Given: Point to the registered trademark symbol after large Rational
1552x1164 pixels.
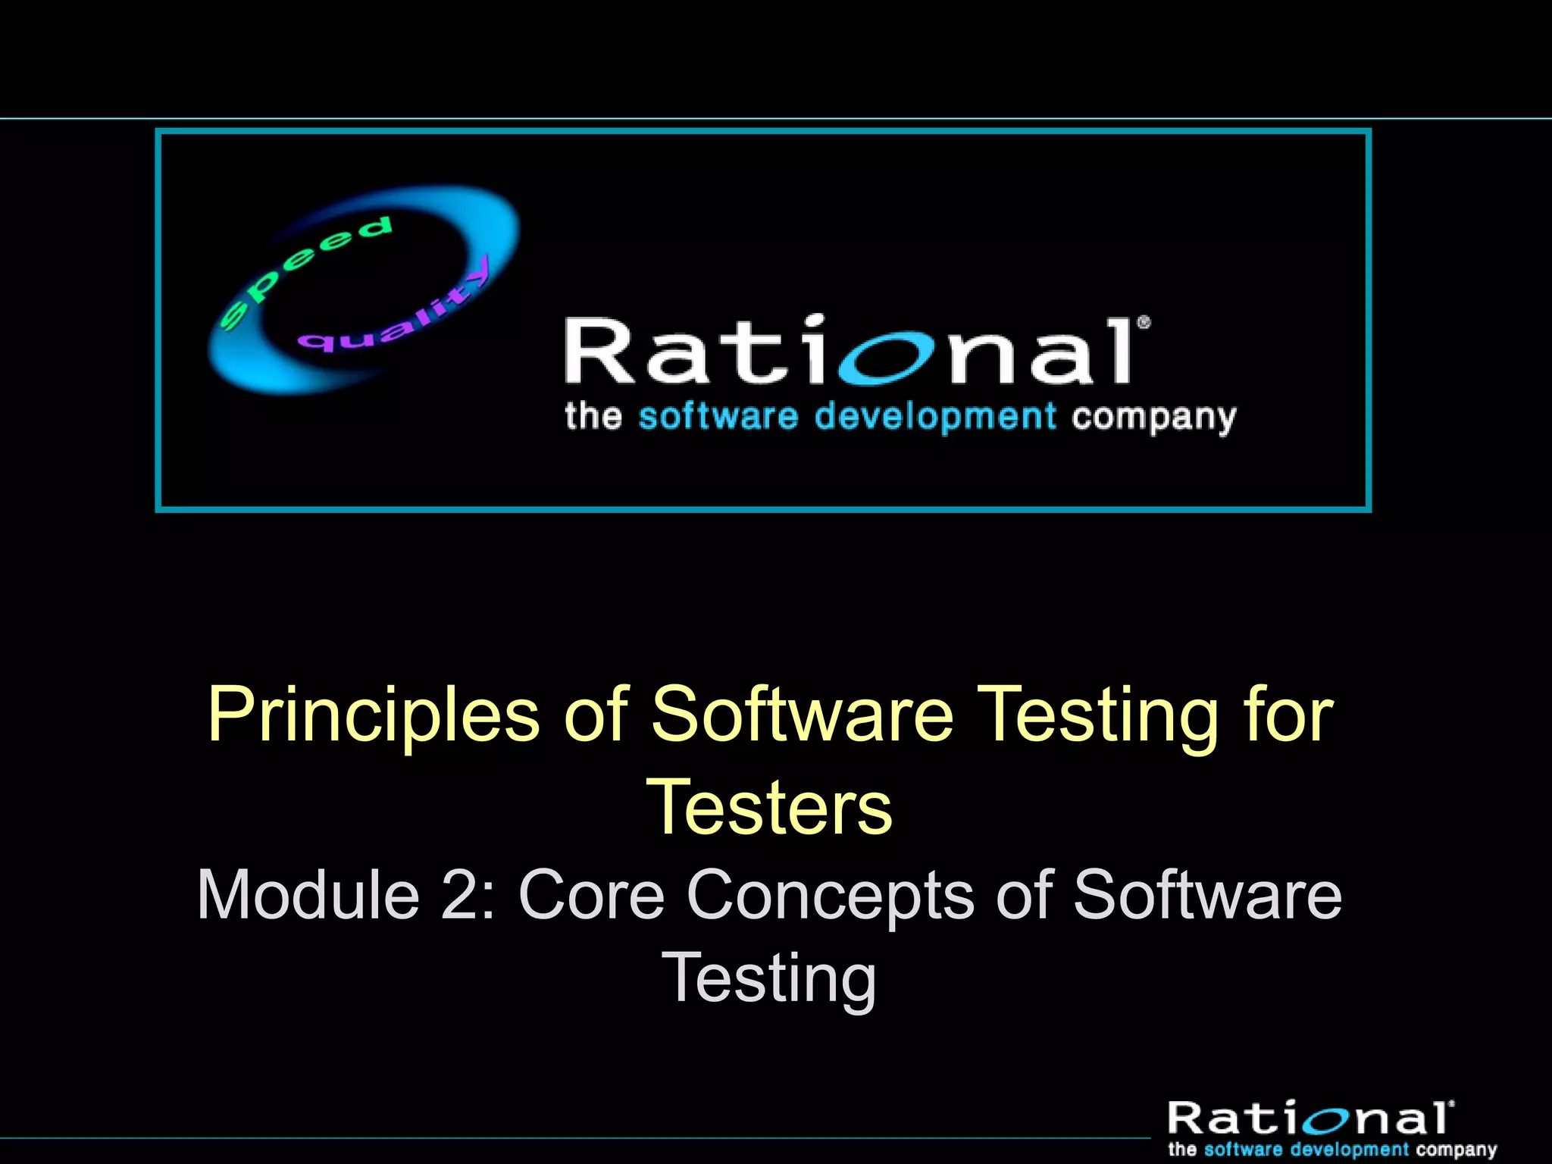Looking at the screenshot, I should tap(1144, 323).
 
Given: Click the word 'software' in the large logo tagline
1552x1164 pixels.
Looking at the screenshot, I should tap(718, 417).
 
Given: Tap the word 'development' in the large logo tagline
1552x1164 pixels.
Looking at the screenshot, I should tap(935, 417).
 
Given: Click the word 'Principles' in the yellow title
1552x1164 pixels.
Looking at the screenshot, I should tap(373, 715).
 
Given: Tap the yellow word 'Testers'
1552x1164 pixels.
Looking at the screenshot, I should tap(769, 808).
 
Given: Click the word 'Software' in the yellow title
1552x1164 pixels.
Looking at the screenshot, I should tap(802, 714).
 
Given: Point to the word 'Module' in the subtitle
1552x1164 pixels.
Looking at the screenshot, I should tap(308, 895).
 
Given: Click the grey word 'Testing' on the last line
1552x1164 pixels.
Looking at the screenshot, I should tap(769, 979).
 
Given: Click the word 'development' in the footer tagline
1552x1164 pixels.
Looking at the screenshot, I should tap(1350, 1150).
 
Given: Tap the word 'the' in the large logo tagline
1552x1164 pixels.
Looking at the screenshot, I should tap(593, 417).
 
